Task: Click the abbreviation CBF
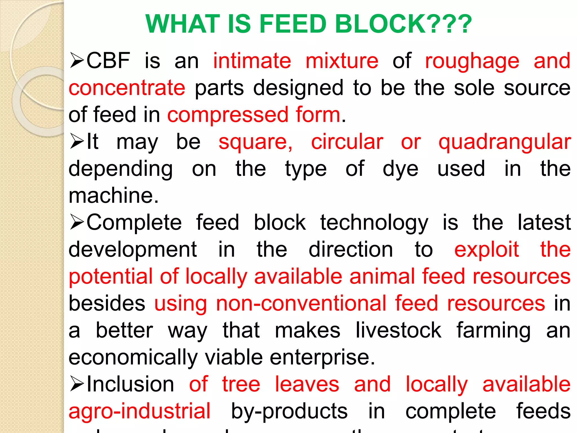pos(108,61)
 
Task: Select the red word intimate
pos(252,61)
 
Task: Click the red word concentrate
pos(127,88)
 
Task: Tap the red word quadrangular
pos(505,142)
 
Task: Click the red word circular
pos(347,142)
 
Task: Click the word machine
pos(113,196)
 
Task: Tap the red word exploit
pos(487,250)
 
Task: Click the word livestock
pos(398,330)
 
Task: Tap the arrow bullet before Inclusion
pos(77,384)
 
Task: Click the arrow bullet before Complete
pos(77,222)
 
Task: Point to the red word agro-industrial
pos(139,411)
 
